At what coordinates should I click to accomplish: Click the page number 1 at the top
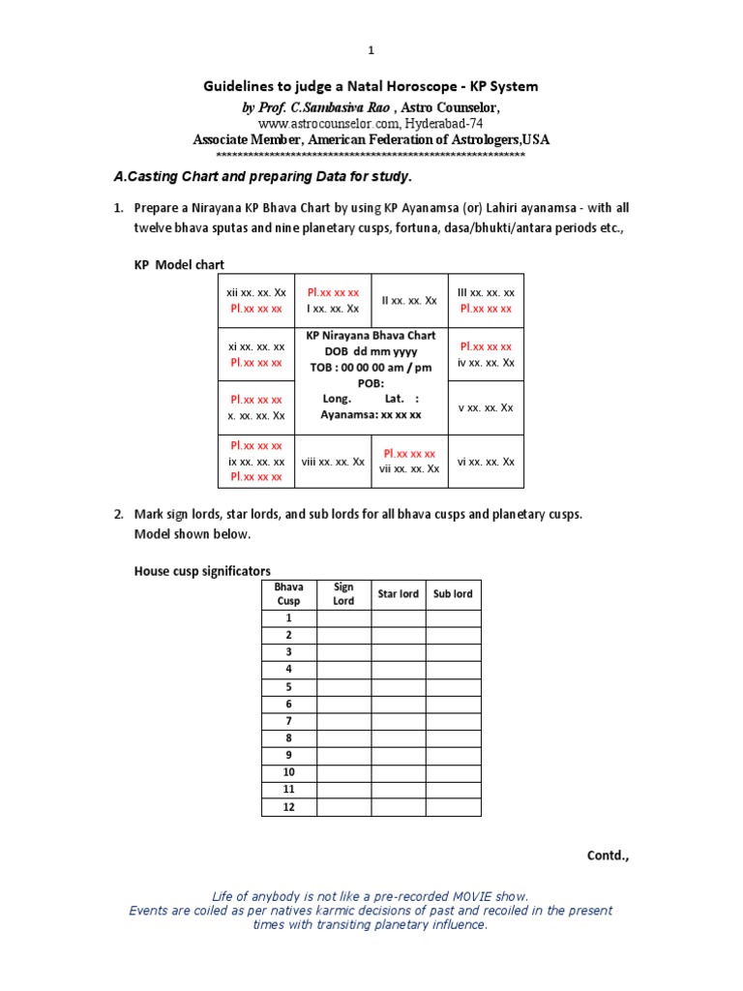pos(371,50)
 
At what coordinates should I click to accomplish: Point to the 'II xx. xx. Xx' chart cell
pos(409,301)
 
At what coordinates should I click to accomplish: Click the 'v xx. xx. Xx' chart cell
pos(486,407)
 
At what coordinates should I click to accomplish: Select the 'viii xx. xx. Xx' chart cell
pos(331,462)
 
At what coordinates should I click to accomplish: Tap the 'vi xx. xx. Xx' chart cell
pos(486,462)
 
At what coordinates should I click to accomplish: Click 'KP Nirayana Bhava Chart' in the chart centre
pos(371,336)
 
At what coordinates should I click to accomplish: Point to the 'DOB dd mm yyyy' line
pos(371,351)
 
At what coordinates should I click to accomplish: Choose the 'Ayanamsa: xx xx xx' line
pos(371,414)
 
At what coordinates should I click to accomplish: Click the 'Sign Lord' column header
pos(343,593)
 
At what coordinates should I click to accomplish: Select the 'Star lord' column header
pos(399,593)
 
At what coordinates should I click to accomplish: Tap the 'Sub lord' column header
pos(453,593)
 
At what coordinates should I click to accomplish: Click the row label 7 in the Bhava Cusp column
pos(288,721)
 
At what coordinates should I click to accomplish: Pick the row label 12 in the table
pos(288,807)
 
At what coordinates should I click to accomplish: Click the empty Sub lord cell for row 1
pos(453,617)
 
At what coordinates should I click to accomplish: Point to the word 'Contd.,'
pos(608,856)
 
